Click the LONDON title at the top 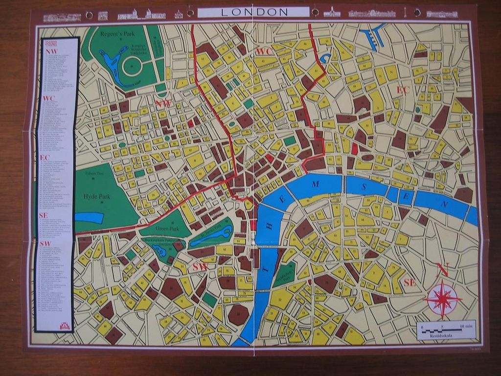coord(254,12)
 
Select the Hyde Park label coord(97,197)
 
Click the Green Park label coord(167,229)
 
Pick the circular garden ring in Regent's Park coord(132,66)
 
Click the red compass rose coord(442,299)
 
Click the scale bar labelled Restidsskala coord(446,330)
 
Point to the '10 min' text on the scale coord(467,326)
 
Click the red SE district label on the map coord(410,282)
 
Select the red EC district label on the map coord(402,90)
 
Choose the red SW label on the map coord(200,267)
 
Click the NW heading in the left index coord(51,52)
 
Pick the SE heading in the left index coord(44,215)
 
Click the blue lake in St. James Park coord(211,236)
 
